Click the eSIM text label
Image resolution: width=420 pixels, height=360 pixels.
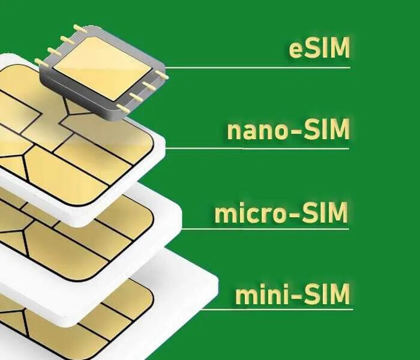(x=319, y=49)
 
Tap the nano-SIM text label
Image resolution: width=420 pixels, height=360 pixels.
(x=288, y=130)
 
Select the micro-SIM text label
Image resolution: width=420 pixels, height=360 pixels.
(x=281, y=213)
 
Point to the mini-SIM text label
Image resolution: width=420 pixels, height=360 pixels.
(x=292, y=295)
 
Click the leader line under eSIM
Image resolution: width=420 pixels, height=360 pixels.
(x=258, y=67)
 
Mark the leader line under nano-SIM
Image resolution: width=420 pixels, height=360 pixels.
(x=258, y=148)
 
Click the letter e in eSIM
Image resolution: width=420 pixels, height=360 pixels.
(x=296, y=50)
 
